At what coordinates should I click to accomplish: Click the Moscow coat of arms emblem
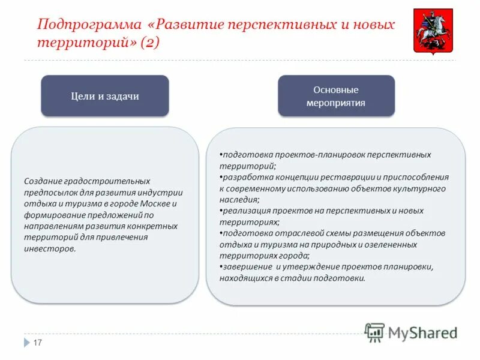coord(433,32)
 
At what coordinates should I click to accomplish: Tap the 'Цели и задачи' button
coord(105,96)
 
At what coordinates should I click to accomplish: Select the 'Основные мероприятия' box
coord(336,96)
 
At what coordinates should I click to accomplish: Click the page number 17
coord(37,343)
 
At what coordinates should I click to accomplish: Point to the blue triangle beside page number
coord(27,343)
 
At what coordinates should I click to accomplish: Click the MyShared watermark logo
coord(412,332)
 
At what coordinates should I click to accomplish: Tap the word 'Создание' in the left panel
coord(43,181)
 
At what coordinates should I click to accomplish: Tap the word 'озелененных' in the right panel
coord(395,244)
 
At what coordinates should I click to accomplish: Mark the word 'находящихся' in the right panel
coord(245,278)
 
